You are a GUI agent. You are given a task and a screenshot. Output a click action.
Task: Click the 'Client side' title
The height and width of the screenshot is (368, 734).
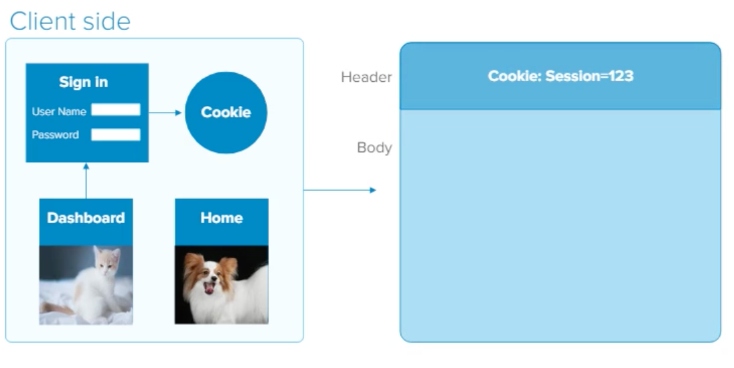(x=70, y=21)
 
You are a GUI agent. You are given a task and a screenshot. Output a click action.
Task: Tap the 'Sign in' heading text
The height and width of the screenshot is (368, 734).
(x=83, y=82)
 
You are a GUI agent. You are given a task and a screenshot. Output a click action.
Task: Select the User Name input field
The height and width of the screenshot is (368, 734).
(x=116, y=110)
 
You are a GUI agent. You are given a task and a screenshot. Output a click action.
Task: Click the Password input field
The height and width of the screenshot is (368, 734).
(x=116, y=135)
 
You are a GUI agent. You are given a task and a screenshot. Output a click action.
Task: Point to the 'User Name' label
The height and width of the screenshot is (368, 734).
(x=59, y=111)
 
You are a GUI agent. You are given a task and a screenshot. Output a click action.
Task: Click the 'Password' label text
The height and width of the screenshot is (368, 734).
(x=55, y=135)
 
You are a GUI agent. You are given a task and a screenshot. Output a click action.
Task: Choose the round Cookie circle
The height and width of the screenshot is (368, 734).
(x=226, y=113)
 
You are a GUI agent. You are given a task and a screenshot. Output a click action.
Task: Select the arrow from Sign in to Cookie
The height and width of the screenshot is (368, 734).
(x=165, y=113)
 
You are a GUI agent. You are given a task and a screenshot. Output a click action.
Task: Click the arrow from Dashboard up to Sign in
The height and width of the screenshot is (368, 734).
(x=86, y=180)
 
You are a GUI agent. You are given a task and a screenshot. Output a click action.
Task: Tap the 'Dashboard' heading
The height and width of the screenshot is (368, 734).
(x=86, y=218)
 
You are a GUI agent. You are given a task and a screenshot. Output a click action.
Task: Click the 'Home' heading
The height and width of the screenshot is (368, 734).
(x=222, y=218)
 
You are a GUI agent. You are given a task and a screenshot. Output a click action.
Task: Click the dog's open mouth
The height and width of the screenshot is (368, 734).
(x=209, y=287)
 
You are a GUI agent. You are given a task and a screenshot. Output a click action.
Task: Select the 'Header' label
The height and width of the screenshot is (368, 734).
(x=366, y=77)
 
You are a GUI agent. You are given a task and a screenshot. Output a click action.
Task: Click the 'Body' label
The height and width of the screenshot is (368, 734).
(x=374, y=147)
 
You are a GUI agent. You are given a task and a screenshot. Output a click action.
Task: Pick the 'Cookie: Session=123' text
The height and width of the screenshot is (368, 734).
(x=561, y=76)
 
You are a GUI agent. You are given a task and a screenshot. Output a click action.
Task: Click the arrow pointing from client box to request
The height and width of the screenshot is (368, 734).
(x=340, y=190)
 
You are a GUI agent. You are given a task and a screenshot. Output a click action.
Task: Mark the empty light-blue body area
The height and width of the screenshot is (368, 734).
(x=561, y=225)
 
